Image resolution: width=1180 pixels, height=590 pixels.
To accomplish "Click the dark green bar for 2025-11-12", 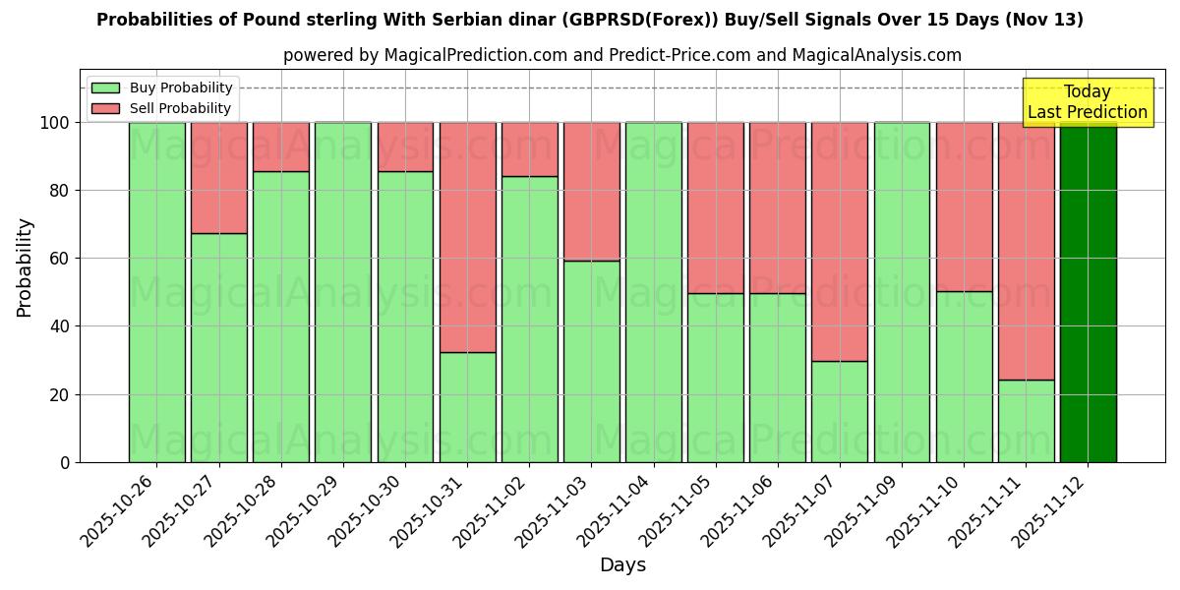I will click(1088, 292).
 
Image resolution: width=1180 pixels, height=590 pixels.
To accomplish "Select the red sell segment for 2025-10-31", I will click(467, 237).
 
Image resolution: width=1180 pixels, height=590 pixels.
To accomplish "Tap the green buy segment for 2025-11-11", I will click(1026, 421).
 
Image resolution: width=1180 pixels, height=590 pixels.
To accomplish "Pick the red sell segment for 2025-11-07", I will click(840, 242).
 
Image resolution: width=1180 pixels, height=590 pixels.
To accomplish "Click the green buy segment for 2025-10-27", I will click(218, 347).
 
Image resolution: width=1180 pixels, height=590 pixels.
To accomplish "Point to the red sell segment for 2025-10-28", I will click(281, 147).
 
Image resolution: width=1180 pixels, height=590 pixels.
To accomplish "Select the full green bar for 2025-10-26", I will click(156, 292).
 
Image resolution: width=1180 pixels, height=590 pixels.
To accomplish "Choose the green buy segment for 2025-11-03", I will click(591, 361).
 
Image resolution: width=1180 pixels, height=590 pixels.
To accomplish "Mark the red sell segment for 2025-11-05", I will click(716, 207).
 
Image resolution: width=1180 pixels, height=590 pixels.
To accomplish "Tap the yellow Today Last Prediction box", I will click(1087, 102).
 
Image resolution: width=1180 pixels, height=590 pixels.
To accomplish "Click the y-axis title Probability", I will click(25, 267).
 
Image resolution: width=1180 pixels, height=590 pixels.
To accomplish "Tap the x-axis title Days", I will click(622, 565).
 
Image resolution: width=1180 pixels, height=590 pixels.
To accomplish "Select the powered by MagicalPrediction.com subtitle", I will click(621, 55).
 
